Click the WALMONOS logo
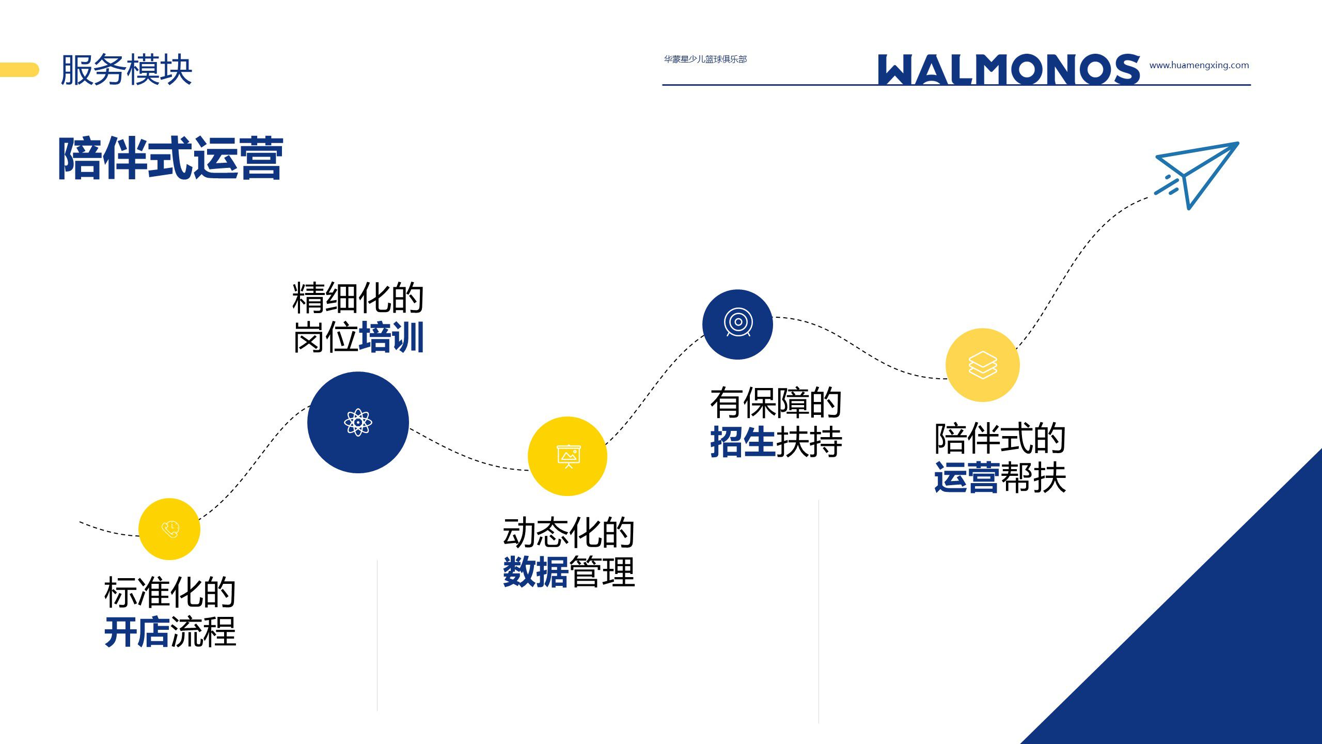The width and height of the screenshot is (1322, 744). coord(1009,69)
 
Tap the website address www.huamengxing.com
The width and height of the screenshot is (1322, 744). coord(1199,66)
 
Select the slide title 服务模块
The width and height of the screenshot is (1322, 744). coord(127,70)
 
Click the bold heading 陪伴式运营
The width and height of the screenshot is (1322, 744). coord(171,158)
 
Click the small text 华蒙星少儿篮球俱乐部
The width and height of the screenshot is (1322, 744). coord(705,59)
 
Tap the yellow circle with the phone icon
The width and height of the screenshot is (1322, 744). coord(169,529)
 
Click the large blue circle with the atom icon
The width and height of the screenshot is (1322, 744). coord(358,422)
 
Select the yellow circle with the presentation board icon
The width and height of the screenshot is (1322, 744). coord(568,456)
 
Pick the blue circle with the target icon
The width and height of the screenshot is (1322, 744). coord(737,324)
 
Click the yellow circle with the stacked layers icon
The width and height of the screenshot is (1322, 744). coord(983,365)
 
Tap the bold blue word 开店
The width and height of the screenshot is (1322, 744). coord(137,632)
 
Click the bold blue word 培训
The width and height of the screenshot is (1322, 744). coord(391,337)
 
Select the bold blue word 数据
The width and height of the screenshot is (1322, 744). coord(536,572)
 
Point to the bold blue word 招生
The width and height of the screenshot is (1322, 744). coord(743,442)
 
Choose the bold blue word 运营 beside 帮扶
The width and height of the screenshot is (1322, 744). coord(967,477)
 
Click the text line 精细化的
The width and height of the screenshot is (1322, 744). coord(358,298)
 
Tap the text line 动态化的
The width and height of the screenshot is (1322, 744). coord(569,533)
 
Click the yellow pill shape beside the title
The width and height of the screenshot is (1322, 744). coord(20,70)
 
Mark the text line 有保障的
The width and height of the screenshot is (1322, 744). coord(776,402)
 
